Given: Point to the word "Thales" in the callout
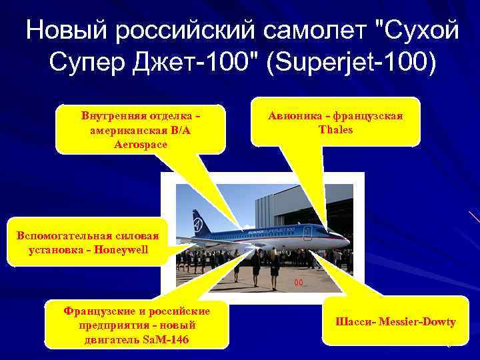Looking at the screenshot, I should click(x=336, y=129).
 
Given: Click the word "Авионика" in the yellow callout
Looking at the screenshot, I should click(x=295, y=116).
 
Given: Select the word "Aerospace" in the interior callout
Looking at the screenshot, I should click(x=141, y=143).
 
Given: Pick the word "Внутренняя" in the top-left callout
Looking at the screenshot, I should click(x=113, y=116).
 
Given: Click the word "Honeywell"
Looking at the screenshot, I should click(x=123, y=250).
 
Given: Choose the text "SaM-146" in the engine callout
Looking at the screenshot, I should click(x=166, y=340).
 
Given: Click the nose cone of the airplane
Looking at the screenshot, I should click(x=346, y=241).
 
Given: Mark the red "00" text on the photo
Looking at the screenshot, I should click(x=299, y=283).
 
